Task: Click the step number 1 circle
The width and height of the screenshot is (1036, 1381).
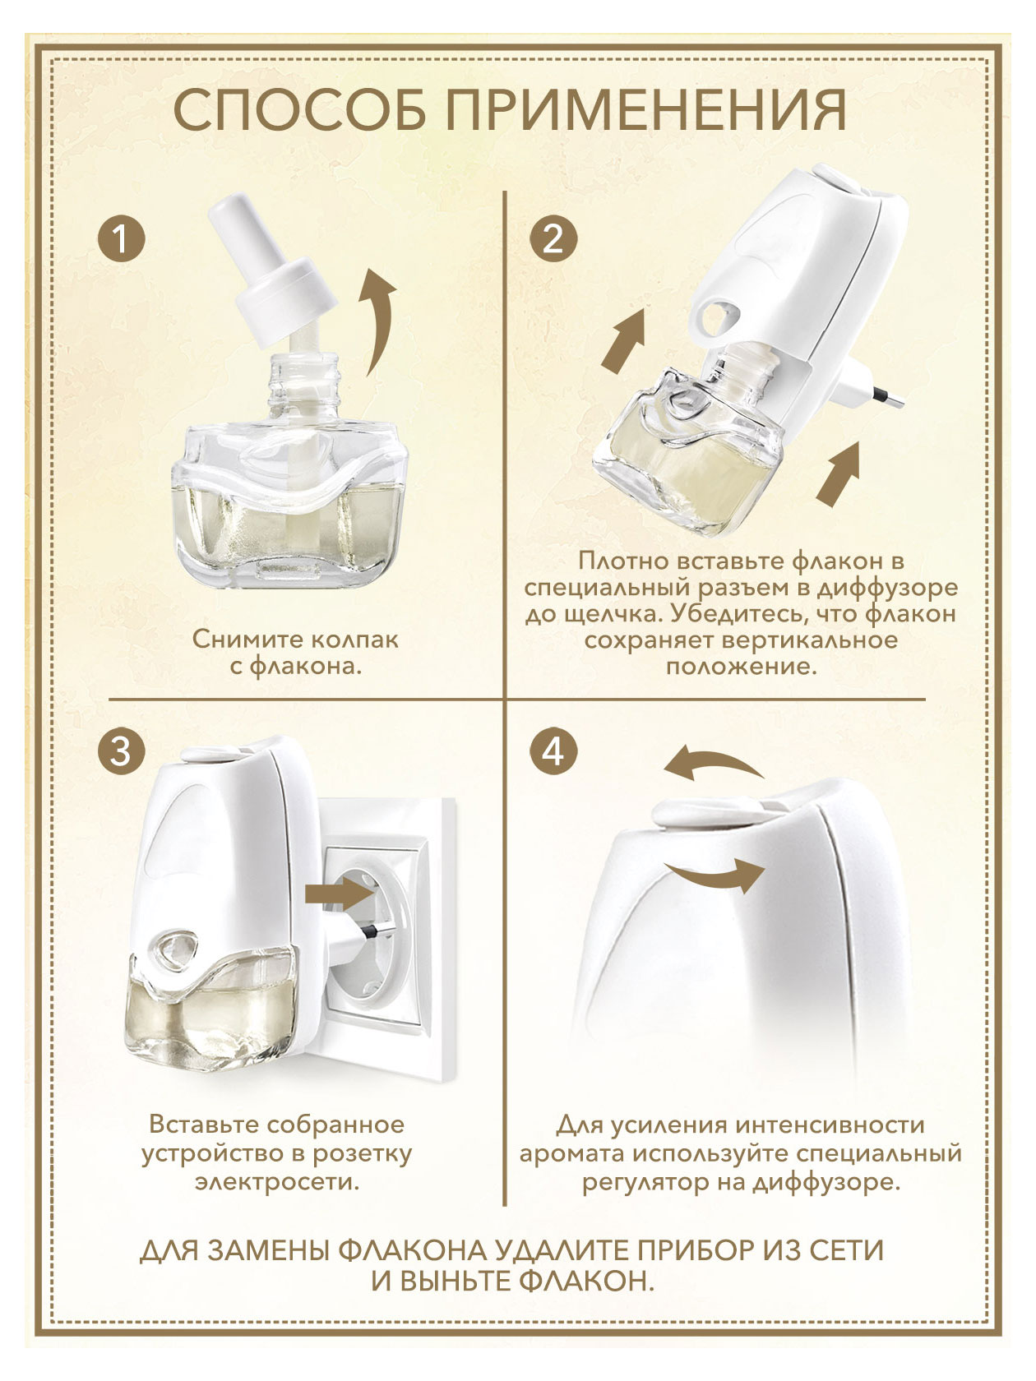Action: tap(121, 239)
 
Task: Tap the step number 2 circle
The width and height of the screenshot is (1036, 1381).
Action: tap(553, 239)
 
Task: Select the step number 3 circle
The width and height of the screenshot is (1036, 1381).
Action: tap(121, 752)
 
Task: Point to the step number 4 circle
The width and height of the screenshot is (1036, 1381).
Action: tap(553, 752)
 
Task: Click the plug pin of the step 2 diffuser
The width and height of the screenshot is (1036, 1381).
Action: tap(888, 398)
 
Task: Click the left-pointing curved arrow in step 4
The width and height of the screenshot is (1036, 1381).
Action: tap(714, 764)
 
